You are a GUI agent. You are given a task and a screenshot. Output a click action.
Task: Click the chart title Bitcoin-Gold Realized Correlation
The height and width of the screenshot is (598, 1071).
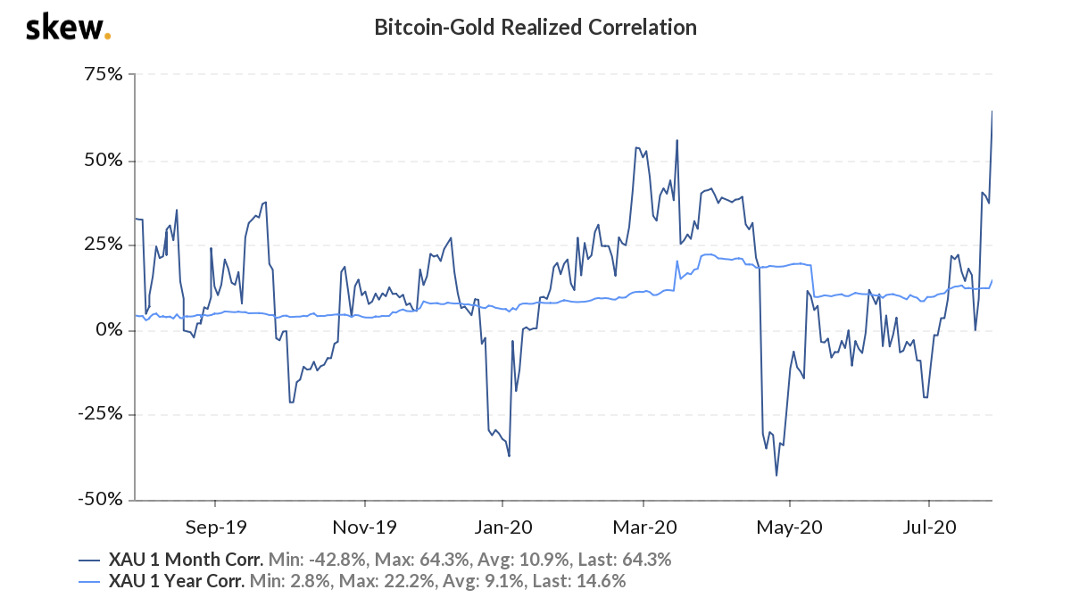535,28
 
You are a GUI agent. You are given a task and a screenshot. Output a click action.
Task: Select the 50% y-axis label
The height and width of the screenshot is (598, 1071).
104,162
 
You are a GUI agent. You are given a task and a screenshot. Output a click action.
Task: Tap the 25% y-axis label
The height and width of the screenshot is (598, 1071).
104,245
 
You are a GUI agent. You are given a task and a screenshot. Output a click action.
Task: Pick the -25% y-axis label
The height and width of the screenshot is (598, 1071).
100,415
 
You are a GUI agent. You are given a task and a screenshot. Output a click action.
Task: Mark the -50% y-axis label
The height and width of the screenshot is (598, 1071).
100,500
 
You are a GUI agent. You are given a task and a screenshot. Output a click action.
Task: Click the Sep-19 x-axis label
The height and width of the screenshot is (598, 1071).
214,527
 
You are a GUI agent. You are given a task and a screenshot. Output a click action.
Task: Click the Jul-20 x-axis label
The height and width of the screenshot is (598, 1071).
929,527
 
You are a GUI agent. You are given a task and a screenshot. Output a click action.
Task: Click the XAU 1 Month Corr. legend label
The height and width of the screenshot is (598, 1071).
186,561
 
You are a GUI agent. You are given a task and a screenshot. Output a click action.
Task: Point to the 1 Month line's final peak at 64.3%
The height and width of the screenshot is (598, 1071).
992,112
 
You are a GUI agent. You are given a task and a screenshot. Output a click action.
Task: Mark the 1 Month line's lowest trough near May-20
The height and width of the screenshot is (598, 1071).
776,475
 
